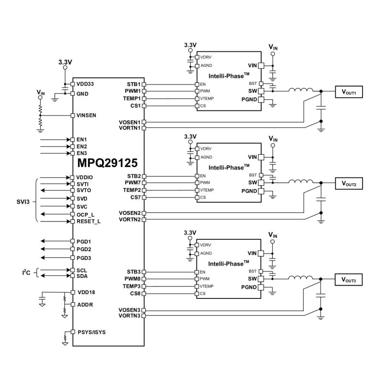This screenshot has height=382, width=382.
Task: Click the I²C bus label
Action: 27,273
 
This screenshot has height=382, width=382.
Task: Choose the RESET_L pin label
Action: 88,222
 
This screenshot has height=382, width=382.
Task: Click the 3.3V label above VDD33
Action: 65,63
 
